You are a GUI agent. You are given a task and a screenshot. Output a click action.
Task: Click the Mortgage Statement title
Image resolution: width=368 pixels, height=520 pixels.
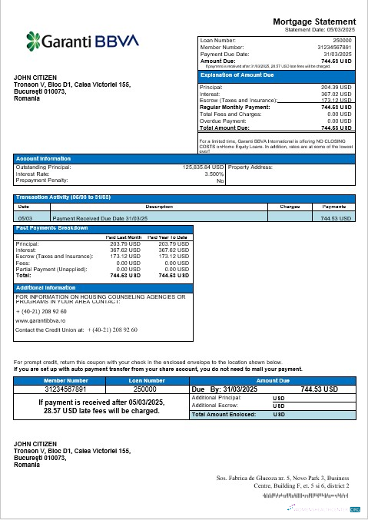pyautogui.click(x=315, y=22)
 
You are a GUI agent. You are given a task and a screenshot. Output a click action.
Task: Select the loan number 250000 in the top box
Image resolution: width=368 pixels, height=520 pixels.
pyautogui.click(x=342, y=38)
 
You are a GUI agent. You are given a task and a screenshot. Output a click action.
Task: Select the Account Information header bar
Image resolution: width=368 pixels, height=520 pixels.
pyautogui.click(x=38, y=158)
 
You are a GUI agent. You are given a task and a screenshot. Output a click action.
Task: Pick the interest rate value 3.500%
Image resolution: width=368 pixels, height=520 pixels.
pyautogui.click(x=214, y=174)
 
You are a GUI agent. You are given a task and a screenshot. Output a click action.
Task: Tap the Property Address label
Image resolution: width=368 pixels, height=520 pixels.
pyautogui.click(x=250, y=167)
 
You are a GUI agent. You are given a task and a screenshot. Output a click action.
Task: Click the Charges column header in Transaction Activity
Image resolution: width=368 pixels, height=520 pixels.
pyautogui.click(x=290, y=207)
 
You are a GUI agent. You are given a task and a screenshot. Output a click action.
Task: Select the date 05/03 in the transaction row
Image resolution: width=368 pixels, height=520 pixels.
pyautogui.click(x=24, y=218)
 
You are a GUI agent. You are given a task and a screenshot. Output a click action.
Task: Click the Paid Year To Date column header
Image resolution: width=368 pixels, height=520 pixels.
pyautogui.click(x=168, y=237)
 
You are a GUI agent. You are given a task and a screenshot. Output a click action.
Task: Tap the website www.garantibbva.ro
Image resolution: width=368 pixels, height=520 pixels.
pyautogui.click(x=40, y=320)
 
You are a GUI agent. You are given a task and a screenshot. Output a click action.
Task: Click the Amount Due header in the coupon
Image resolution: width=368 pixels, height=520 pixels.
pyautogui.click(x=272, y=380)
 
